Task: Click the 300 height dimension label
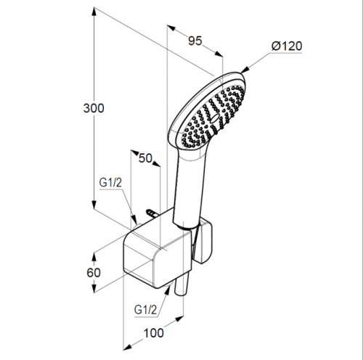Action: pos(94,108)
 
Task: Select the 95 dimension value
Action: pos(195,41)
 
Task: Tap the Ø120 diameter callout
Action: pos(287,46)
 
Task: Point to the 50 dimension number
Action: pos(145,158)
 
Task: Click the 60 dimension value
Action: pos(94,273)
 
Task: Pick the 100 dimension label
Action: pos(154,333)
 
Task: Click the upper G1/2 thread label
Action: pos(110,183)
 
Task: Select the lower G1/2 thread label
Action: pos(145,310)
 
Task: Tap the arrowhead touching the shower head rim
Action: pos(245,70)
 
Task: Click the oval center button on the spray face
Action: pos(215,118)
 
